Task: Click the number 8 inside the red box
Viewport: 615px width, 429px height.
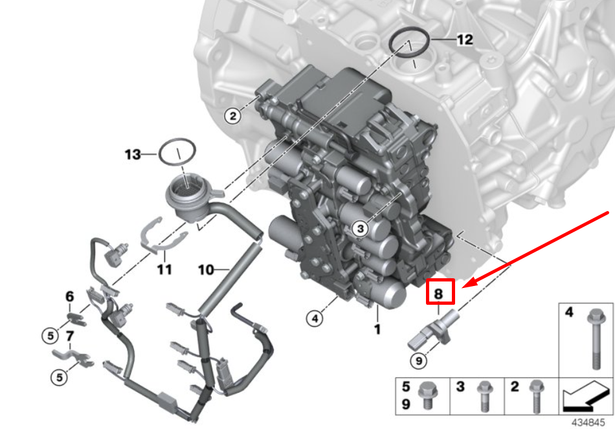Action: pos(438,293)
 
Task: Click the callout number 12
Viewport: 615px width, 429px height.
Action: pos(465,39)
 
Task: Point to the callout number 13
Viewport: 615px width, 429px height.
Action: pos(133,155)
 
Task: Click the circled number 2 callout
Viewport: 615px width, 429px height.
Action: pos(233,116)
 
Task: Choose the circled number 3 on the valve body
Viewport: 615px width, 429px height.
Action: pos(360,228)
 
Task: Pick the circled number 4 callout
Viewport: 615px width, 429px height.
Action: pos(315,318)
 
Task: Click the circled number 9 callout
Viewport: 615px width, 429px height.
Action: pos(419,360)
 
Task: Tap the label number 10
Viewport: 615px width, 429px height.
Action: pos(207,269)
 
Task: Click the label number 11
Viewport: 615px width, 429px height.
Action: pos(164,269)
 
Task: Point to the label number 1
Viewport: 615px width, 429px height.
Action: pos(377,329)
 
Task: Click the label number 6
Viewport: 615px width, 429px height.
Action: pos(69,296)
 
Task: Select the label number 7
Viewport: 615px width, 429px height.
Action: pos(70,336)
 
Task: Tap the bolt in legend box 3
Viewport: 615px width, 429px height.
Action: pos(485,397)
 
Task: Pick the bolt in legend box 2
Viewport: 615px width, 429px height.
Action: pos(536,397)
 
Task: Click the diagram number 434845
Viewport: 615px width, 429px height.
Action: pos(588,423)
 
